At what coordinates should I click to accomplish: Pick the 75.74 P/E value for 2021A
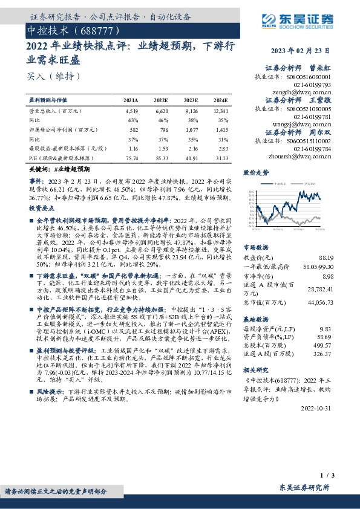(x=131, y=157)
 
